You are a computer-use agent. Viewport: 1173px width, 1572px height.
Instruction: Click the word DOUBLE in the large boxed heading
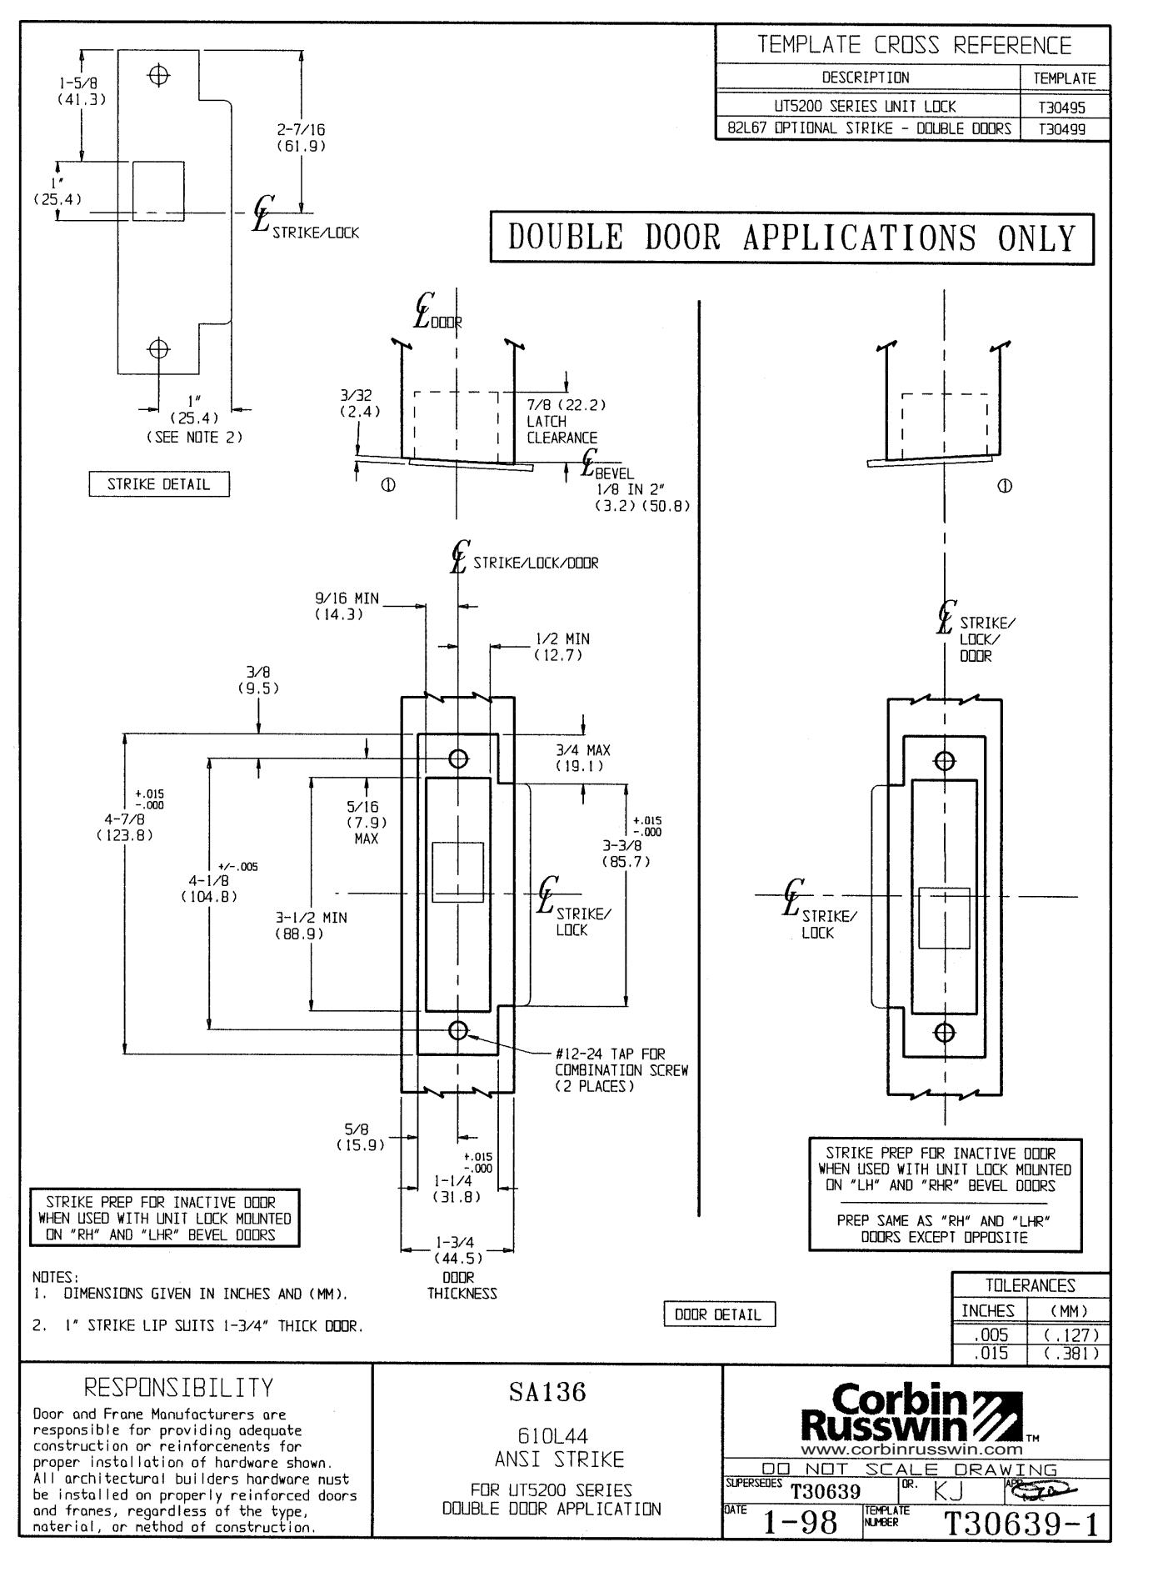pos(566,238)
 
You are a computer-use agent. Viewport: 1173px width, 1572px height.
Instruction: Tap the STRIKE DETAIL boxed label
pos(158,484)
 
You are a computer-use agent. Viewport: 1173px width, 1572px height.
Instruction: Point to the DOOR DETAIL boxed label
pos(718,1314)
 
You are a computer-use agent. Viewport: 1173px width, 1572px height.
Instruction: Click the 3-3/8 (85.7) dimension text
pos(626,853)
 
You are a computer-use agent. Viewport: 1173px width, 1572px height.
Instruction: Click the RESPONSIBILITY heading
pos(179,1388)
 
